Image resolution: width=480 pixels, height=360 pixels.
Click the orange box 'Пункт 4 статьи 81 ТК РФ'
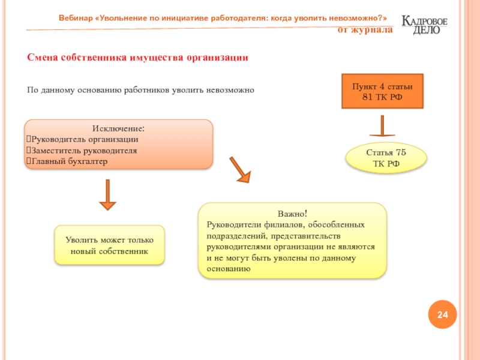tap(382, 91)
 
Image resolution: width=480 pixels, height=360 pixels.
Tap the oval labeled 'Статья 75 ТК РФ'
tap(386, 158)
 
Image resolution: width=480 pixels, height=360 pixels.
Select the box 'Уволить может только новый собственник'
tap(109, 245)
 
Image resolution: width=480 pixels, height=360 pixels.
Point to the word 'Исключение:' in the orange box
tap(118, 128)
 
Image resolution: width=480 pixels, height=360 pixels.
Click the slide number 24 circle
tap(442, 315)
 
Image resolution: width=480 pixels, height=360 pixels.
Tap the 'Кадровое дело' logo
tap(424, 25)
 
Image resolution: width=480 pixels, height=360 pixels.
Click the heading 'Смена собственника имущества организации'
tap(137, 58)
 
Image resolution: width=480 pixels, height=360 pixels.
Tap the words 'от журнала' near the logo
tap(365, 29)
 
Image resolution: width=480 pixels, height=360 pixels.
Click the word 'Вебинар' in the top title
tap(75, 17)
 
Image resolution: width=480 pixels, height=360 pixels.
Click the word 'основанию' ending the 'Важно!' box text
tap(228, 269)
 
